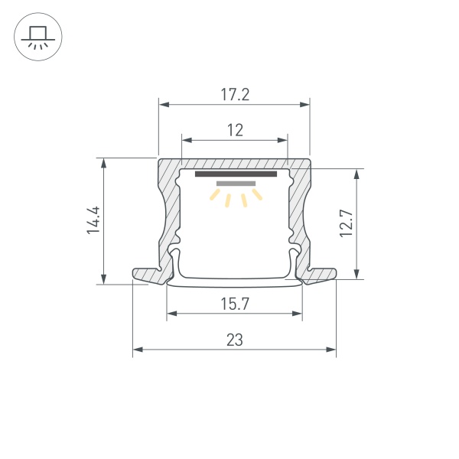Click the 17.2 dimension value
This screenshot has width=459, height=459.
235,95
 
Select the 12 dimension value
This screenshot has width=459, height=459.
235,131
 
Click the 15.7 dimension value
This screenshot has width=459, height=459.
235,304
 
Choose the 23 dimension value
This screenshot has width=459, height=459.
235,340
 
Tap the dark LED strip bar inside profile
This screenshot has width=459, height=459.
235,174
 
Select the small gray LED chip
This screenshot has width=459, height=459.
235,184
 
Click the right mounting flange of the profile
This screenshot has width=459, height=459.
323,275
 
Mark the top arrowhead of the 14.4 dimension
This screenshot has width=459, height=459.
103,163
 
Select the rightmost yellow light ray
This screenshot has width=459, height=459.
259,197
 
